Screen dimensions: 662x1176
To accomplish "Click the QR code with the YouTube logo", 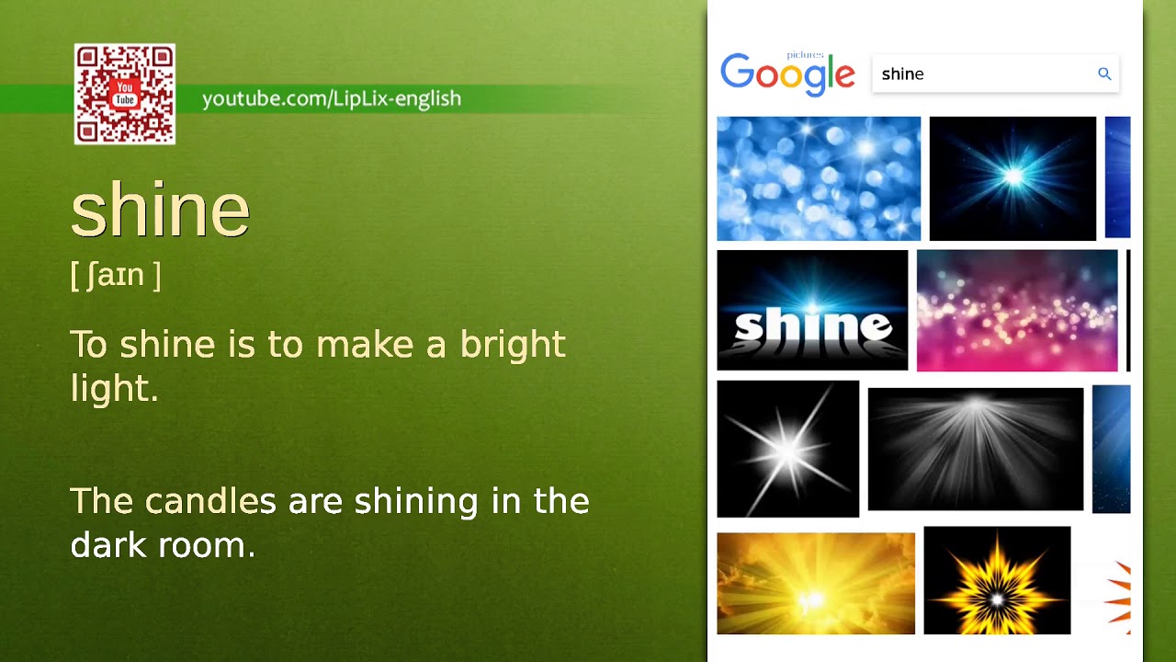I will click(125, 95).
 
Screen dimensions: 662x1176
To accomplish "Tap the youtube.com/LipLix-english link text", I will click(332, 98).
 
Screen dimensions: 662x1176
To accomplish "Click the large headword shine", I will click(160, 211).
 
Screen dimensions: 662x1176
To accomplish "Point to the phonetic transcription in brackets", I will click(116, 275).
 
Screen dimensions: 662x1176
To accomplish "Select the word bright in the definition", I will click(513, 345).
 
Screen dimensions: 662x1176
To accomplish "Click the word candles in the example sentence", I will click(210, 502).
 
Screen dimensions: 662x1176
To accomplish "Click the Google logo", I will click(787, 74).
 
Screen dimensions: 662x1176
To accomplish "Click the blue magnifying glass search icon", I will click(1104, 74).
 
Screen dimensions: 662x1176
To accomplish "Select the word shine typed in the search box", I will click(902, 74).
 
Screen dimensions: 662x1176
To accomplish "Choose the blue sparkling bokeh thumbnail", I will click(818, 178).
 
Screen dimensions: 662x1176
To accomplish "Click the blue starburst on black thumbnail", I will click(1012, 178).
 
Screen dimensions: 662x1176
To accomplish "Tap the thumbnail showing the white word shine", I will click(812, 311).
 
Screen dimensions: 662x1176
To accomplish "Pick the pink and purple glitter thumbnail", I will click(1017, 311).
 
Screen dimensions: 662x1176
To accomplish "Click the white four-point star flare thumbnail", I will click(787, 450).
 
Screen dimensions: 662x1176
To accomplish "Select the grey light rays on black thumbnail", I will click(975, 450).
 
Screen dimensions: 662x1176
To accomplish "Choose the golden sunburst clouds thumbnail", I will click(815, 584).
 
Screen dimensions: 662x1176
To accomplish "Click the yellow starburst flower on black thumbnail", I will click(997, 581).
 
